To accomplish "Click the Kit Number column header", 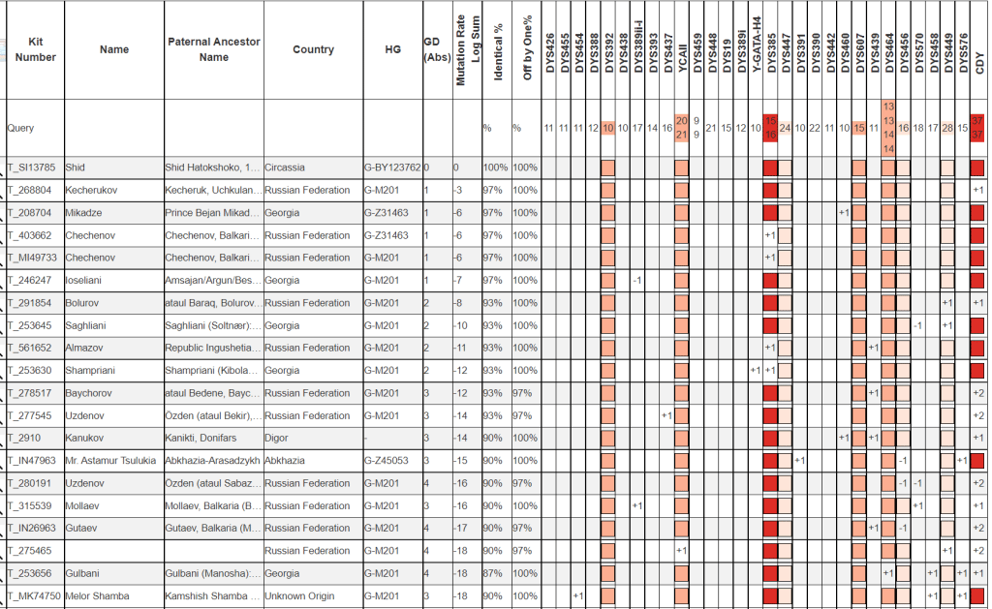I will click(x=36, y=49).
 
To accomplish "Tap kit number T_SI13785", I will click(x=33, y=167).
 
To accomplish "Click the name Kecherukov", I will click(x=92, y=190).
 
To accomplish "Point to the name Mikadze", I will click(x=85, y=213).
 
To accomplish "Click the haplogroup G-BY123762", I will click(x=392, y=167).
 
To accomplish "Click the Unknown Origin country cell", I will click(x=299, y=596).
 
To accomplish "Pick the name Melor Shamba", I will click(x=97, y=596).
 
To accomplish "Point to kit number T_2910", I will click(x=26, y=439).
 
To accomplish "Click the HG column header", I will click(x=392, y=49).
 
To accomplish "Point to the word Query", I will click(x=20, y=128).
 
